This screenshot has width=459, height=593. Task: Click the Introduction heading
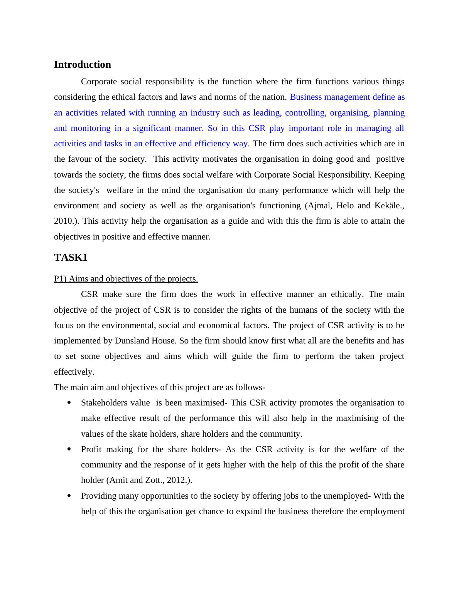(x=82, y=65)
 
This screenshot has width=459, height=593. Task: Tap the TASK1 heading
(x=71, y=258)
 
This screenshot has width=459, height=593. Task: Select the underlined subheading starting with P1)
(x=126, y=279)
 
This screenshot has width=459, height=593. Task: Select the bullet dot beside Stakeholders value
(x=69, y=403)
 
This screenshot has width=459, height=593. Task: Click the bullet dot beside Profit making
(x=69, y=449)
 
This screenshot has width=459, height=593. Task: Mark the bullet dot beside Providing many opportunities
(x=69, y=496)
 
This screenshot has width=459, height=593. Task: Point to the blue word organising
(x=350, y=113)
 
